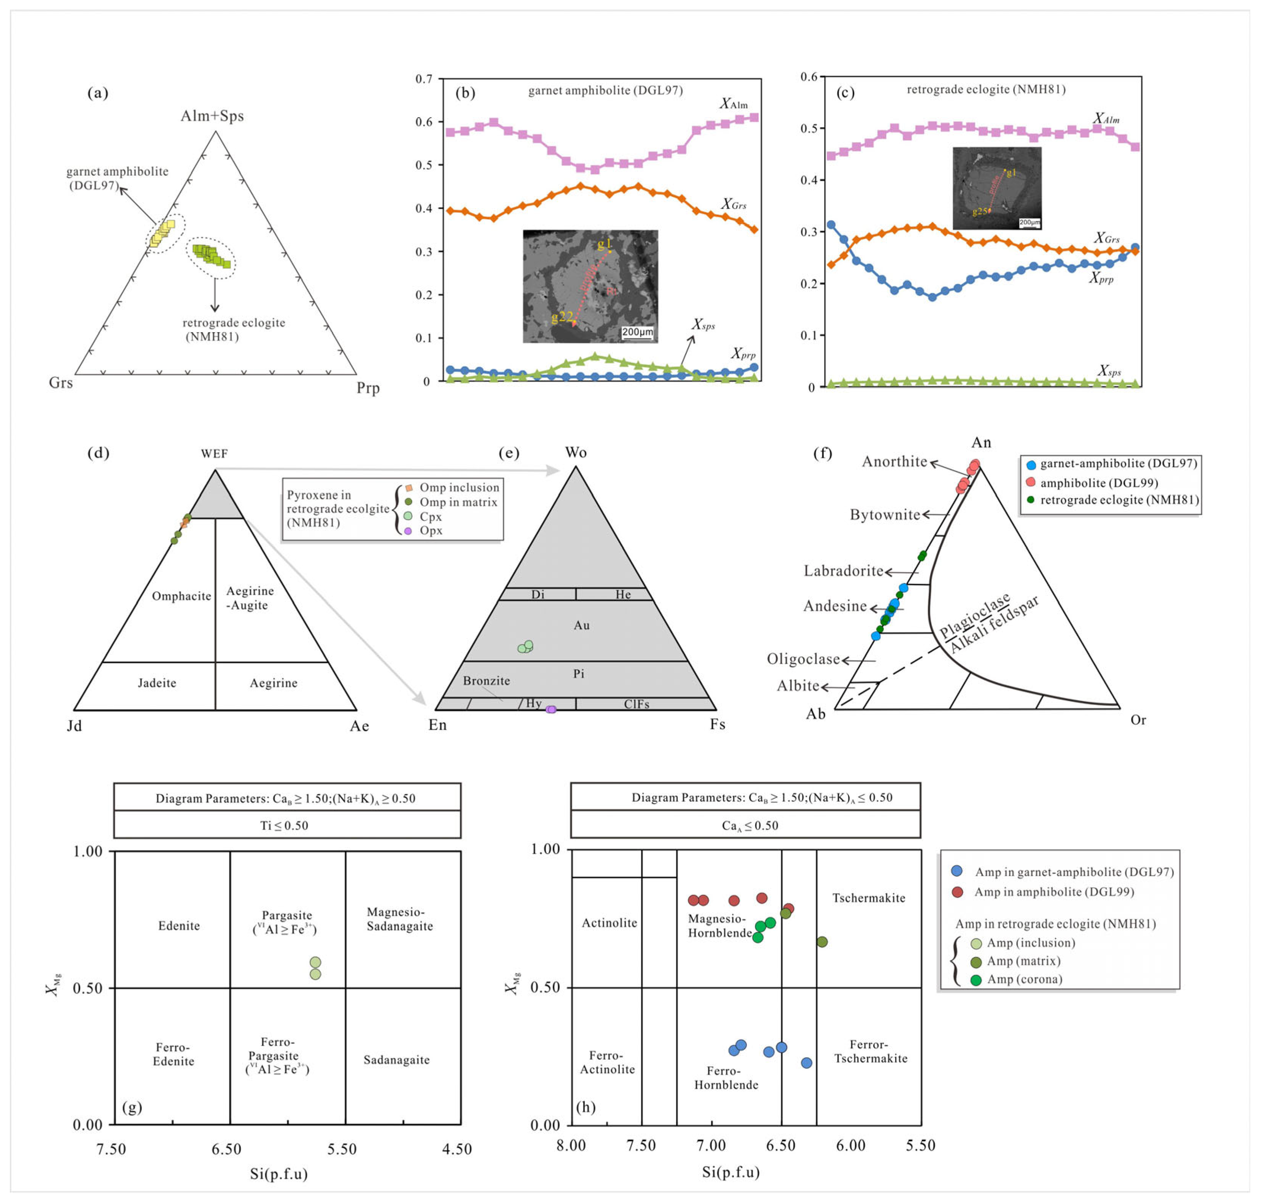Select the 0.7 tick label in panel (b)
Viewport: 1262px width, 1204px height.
(424, 79)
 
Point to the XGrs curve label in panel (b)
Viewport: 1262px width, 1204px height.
(734, 204)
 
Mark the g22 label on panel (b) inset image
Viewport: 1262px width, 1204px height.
(562, 316)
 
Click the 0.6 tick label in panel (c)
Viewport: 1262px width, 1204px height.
(809, 77)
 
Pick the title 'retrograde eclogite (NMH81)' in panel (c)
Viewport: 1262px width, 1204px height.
(986, 89)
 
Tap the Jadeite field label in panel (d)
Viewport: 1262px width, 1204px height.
(157, 683)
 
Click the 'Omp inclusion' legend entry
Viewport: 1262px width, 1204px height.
(459, 488)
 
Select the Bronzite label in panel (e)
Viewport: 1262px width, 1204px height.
(486, 681)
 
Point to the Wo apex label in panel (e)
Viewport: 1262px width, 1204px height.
(576, 452)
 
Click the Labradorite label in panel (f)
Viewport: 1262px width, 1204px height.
(843, 571)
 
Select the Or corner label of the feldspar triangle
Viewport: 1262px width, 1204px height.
(1138, 720)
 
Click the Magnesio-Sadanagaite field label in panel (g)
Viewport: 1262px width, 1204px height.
(400, 919)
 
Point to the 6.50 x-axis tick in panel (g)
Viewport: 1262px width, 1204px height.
(226, 1149)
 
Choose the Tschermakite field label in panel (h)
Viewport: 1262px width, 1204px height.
(869, 898)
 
